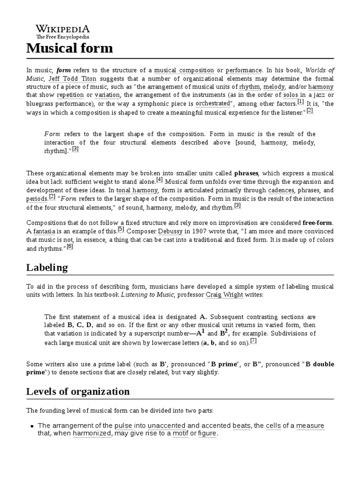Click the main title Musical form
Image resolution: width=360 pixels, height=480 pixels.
[69, 48]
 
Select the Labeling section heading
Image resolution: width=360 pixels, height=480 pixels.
[47, 267]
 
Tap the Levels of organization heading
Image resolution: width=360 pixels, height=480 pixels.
[78, 391]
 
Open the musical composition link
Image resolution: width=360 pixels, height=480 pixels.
[184, 70]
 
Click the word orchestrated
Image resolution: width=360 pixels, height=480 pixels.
[213, 103]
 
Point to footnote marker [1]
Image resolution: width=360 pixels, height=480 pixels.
[300, 101]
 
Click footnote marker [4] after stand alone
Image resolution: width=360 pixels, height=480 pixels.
[159, 180]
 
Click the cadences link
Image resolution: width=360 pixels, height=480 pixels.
[281, 190]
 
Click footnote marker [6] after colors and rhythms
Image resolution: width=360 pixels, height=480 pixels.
[70, 247]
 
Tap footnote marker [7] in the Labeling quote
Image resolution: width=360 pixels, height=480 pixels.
[253, 341]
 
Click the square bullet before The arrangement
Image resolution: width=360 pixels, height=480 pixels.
[31, 426]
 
